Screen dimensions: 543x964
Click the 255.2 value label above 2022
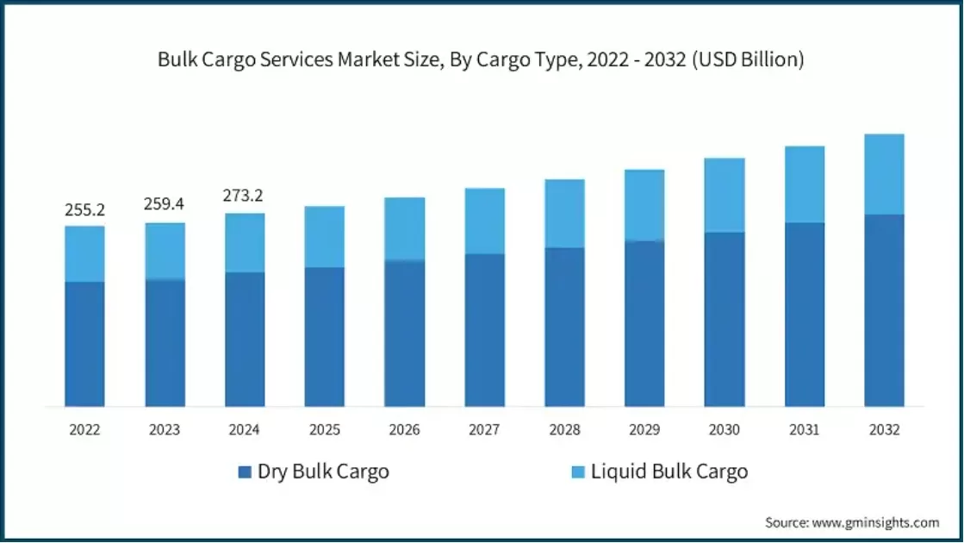(84, 210)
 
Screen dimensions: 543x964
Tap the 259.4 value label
(165, 205)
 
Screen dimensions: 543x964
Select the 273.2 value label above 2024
(244, 197)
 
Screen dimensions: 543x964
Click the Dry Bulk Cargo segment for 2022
(84, 344)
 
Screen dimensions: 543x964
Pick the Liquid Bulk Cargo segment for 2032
(884, 175)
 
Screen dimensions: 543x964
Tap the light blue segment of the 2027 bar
(484, 222)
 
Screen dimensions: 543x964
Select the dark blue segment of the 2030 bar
(724, 319)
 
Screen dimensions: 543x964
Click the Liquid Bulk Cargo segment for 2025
(324, 237)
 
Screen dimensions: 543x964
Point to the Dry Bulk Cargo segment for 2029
(644, 323)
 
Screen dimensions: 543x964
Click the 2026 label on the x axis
(404, 430)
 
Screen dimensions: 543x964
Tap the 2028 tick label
(564, 430)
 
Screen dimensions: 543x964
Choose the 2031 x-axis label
(805, 430)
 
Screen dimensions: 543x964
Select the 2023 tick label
(165, 430)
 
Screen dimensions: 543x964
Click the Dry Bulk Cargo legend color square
(244, 472)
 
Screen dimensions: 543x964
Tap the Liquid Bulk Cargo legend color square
(577, 472)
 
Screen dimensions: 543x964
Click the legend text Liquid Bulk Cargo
(669, 472)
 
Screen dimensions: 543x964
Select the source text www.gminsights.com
(876, 522)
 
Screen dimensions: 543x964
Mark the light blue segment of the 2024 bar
(244, 243)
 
